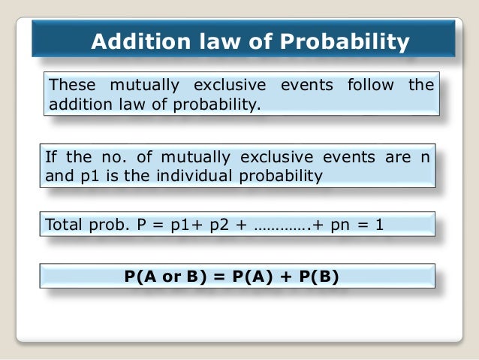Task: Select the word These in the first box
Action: [x=71, y=85]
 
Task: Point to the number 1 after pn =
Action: [x=378, y=224]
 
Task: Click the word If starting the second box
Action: [x=52, y=158]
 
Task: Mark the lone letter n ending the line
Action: [x=427, y=159]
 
